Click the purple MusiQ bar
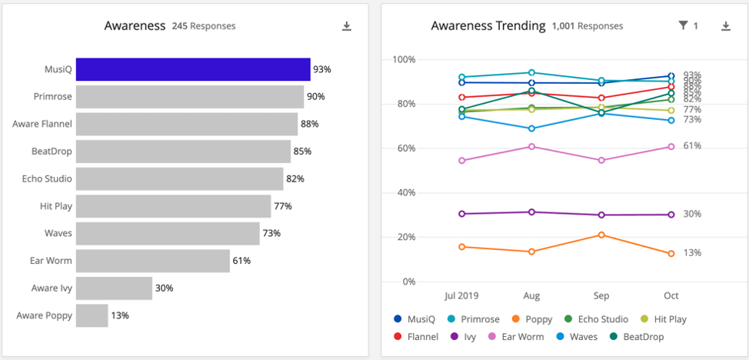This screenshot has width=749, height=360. [x=193, y=69]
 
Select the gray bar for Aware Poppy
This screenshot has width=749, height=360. [x=92, y=315]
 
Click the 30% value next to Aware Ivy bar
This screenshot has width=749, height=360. [x=164, y=288]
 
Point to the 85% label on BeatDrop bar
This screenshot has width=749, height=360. [x=301, y=152]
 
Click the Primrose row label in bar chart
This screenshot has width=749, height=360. [x=52, y=97]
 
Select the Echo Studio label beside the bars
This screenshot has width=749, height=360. [x=47, y=178]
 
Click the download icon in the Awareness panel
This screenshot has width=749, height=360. [x=347, y=26]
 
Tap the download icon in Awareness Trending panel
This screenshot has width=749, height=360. [x=725, y=26]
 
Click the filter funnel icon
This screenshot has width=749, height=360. [x=683, y=26]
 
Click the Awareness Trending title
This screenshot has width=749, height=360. [x=488, y=26]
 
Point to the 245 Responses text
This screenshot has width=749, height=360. [x=204, y=26]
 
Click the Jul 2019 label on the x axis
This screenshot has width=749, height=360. [x=462, y=295]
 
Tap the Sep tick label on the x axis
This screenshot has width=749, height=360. [x=601, y=295]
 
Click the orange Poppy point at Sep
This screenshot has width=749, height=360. [x=601, y=235]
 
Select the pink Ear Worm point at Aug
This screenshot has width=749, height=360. [x=531, y=146]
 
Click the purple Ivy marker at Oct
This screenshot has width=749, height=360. [x=671, y=215]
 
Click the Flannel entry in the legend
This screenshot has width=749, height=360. [x=415, y=337]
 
